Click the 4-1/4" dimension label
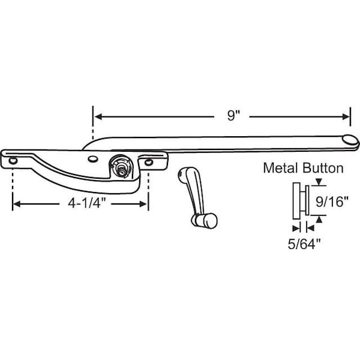click(86, 203)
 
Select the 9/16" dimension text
click(332, 202)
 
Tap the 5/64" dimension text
click(304, 244)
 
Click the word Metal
click(281, 168)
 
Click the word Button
click(323, 168)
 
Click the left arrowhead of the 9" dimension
click(98, 116)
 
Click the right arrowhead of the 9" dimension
click(346, 116)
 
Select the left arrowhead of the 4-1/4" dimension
click(17, 204)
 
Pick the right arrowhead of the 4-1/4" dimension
click(143, 204)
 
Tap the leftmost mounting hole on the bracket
click(13, 160)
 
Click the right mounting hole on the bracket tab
click(149, 163)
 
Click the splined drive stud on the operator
click(121, 169)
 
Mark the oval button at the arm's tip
click(350, 140)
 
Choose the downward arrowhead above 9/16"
click(319, 182)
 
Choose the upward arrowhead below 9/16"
click(319, 220)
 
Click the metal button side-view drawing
click(301, 200)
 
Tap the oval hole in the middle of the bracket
click(93, 158)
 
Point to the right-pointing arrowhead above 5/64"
click(296, 229)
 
